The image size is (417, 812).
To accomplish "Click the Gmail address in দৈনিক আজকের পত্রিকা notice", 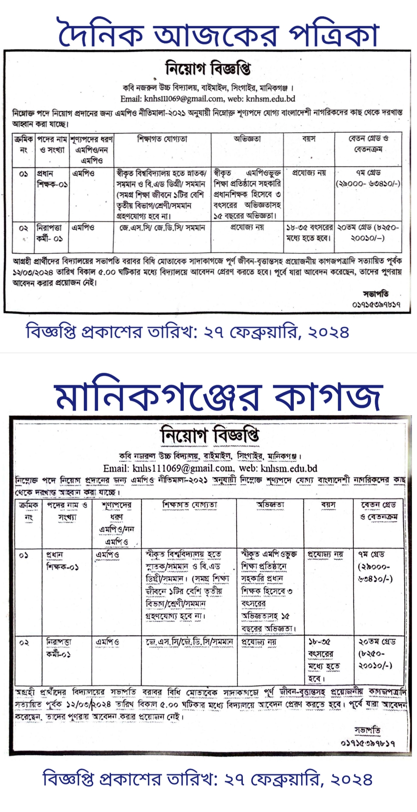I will (172, 99).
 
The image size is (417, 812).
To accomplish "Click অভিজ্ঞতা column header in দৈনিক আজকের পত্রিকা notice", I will (247, 139).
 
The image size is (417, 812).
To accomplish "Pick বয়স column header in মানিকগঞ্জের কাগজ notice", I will (328, 505).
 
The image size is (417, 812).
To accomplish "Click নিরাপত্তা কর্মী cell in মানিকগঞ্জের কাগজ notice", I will (59, 648).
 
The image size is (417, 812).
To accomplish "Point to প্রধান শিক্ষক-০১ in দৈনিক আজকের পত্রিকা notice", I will (52, 178).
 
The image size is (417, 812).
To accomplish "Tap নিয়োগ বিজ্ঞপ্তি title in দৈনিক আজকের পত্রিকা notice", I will (208, 69).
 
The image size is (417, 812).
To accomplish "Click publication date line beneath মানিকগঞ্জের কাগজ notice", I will (207, 779).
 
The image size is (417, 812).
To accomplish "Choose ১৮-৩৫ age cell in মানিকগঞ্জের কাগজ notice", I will (324, 659).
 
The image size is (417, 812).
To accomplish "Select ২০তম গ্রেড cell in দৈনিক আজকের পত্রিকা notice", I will (368, 233).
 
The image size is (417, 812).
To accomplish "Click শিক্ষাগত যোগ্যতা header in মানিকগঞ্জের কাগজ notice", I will (190, 505).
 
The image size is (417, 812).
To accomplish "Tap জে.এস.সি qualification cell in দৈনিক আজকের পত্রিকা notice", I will (162, 228).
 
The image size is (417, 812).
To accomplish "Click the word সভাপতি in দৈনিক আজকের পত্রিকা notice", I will (376, 294).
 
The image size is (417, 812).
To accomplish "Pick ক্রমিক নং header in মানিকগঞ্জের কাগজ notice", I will (29, 511).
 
